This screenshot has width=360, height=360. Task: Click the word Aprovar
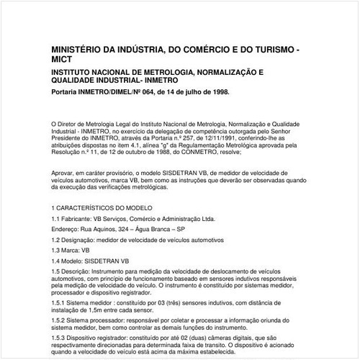click(x=64, y=173)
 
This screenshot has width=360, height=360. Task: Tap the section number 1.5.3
click(x=60, y=338)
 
